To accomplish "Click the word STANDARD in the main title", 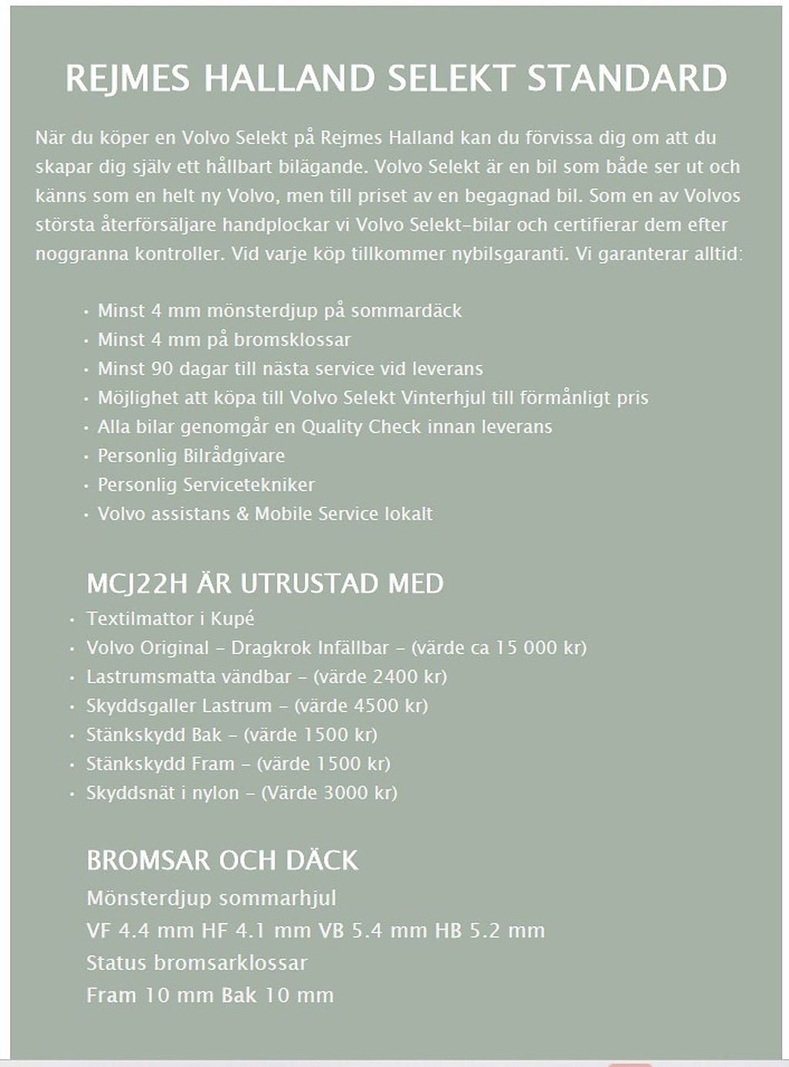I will [x=626, y=79].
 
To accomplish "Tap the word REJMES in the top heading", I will [x=123, y=79].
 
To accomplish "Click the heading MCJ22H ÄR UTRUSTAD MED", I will [x=265, y=584].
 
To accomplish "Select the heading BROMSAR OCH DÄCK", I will [x=222, y=860].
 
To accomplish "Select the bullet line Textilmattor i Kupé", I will [x=170, y=619].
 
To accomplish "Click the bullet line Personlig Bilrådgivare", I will [x=191, y=456].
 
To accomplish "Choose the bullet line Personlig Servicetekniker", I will [x=206, y=485].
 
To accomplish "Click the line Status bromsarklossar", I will [x=196, y=963].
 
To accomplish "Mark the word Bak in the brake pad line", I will [x=239, y=995].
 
